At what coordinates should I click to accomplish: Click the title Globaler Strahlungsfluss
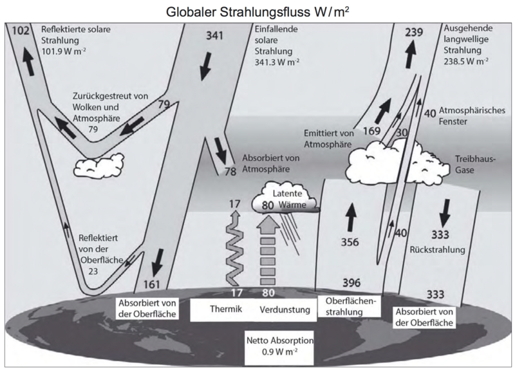click(x=257, y=11)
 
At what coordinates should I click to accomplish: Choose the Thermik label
click(x=225, y=310)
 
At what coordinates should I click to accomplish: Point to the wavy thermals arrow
click(x=236, y=251)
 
